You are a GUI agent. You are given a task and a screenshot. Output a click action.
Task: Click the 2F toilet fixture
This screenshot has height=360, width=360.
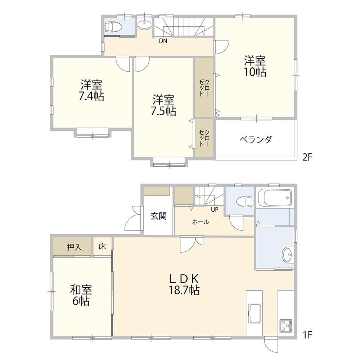(113, 27)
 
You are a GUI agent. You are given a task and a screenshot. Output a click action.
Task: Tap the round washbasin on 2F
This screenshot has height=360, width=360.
(144, 24)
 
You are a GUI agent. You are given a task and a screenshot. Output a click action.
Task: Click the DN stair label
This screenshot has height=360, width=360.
(163, 41)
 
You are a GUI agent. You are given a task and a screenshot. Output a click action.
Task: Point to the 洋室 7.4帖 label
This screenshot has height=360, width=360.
(91, 90)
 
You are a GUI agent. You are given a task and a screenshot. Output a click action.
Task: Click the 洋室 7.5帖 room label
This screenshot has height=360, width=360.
(163, 105)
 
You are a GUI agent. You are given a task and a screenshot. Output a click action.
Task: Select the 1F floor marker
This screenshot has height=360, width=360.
(308, 335)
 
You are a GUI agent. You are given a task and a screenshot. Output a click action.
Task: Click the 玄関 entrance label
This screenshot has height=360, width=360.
(158, 216)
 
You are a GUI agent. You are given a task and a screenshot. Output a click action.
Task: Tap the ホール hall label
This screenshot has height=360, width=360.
(201, 222)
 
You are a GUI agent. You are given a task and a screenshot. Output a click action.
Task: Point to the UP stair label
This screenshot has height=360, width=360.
(215, 210)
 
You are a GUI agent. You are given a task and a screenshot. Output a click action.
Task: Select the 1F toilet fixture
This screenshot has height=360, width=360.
(245, 202)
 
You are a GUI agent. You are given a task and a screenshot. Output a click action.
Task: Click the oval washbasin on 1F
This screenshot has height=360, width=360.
(287, 255)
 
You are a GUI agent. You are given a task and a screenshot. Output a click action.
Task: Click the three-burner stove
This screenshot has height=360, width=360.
(286, 325)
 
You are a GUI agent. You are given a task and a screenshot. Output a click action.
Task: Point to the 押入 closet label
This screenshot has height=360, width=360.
(75, 247)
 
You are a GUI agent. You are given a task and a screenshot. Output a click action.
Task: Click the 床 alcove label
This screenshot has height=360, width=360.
(102, 247)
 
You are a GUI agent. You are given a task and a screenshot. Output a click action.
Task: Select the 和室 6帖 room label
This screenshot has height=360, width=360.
(81, 295)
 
